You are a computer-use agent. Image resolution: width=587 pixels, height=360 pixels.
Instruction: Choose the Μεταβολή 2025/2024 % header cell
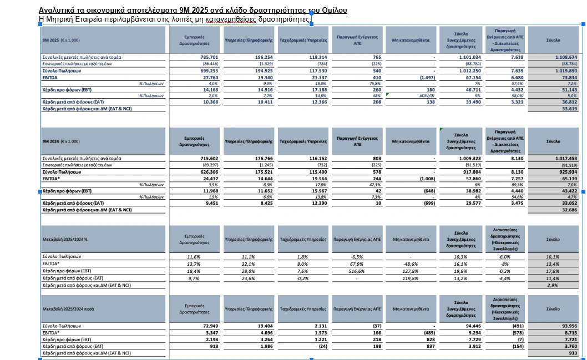pos(65,240)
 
